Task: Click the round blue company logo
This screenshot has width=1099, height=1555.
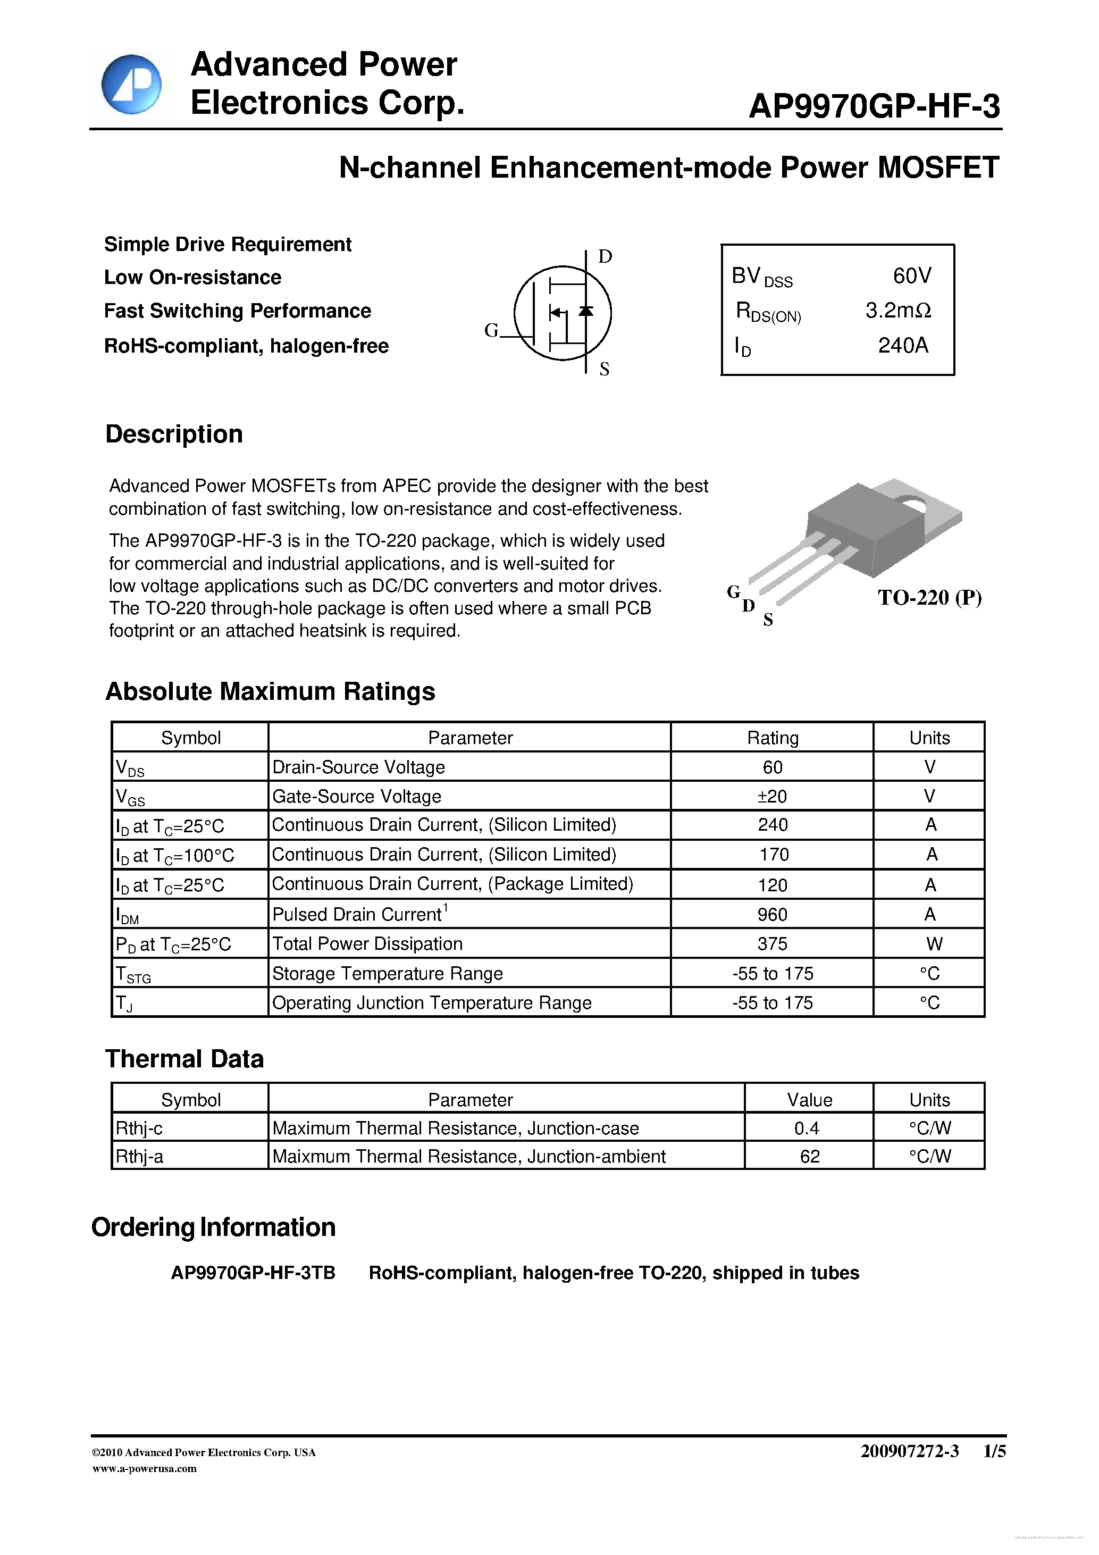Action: click(x=131, y=85)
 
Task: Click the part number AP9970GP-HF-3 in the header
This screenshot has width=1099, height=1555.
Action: click(x=874, y=106)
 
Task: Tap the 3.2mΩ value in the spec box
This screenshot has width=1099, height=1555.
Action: click(x=898, y=310)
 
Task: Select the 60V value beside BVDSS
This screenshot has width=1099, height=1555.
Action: click(x=911, y=275)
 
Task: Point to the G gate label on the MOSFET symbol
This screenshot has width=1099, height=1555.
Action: click(x=491, y=330)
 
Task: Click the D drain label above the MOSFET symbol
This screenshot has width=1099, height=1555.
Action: click(x=605, y=256)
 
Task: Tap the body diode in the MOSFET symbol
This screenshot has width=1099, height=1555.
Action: click(x=586, y=311)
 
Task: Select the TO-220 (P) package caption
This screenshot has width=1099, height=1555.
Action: click(x=929, y=597)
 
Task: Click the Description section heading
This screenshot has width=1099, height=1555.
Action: click(x=174, y=434)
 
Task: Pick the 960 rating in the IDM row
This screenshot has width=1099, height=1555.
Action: click(x=772, y=914)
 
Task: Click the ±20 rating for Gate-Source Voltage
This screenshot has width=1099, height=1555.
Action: click(x=772, y=797)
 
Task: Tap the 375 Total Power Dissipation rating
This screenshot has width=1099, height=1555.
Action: click(x=772, y=943)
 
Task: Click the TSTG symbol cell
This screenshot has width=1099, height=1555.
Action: click(x=133, y=974)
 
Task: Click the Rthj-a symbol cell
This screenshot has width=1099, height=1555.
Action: click(x=139, y=1156)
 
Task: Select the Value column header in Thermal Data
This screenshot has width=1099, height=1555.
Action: click(x=809, y=1099)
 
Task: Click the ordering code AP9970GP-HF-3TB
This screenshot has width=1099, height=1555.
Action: click(x=253, y=1273)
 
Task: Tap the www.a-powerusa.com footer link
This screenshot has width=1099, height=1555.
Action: click(x=144, y=1468)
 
